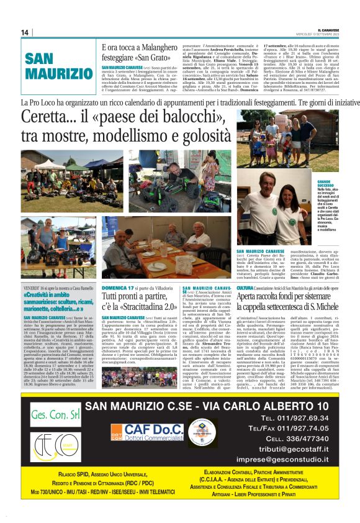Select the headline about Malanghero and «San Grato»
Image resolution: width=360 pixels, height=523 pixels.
133,53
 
